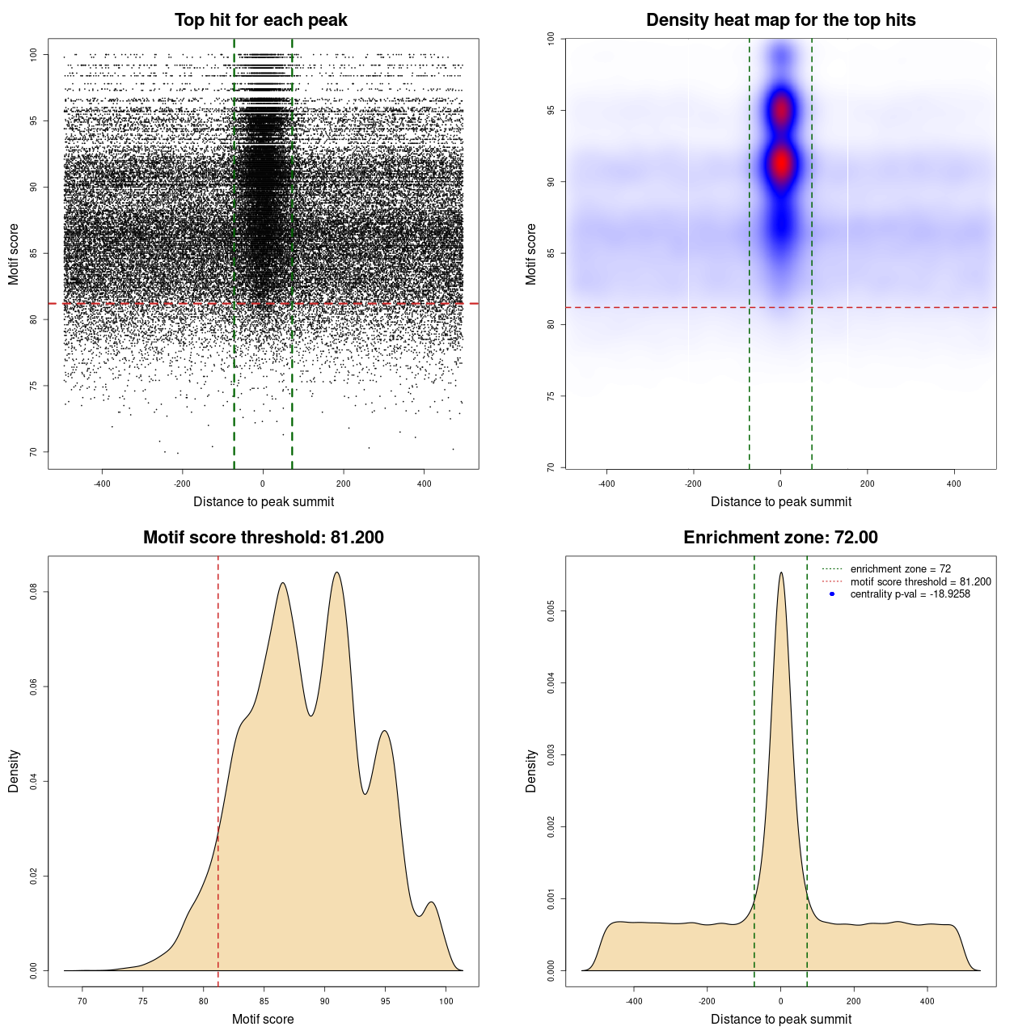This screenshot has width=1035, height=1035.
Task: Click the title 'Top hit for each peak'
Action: click(x=260, y=20)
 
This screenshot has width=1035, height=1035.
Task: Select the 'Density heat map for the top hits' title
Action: click(x=780, y=20)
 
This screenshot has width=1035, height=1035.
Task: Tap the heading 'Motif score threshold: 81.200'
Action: click(x=263, y=538)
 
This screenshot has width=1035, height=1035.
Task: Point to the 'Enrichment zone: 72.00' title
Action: click(x=780, y=538)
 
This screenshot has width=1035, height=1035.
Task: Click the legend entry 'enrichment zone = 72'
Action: click(x=900, y=569)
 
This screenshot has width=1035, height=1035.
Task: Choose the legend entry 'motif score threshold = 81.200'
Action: click(x=920, y=581)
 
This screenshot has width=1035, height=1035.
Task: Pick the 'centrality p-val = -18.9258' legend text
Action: click(x=910, y=594)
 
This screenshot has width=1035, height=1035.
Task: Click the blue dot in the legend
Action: click(x=832, y=594)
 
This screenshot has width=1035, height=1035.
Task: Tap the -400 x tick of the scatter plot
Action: click(x=102, y=484)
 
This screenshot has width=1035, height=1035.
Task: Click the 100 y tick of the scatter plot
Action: click(x=34, y=55)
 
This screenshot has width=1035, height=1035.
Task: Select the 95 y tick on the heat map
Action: click(x=551, y=110)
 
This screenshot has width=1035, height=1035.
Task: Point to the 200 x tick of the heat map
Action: click(x=868, y=484)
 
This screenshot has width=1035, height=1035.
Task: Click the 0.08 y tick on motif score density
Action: click(x=34, y=592)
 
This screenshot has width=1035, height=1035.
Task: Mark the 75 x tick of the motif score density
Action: click(x=143, y=1001)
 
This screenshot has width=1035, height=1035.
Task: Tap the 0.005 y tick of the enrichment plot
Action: click(x=551, y=611)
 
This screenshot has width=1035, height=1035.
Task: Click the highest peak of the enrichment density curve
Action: click(x=781, y=573)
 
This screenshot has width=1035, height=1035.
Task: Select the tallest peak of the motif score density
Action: click(x=336, y=572)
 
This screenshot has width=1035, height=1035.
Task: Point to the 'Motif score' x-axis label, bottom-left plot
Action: click(x=263, y=1019)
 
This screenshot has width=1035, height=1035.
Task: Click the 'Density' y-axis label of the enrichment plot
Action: click(x=531, y=771)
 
